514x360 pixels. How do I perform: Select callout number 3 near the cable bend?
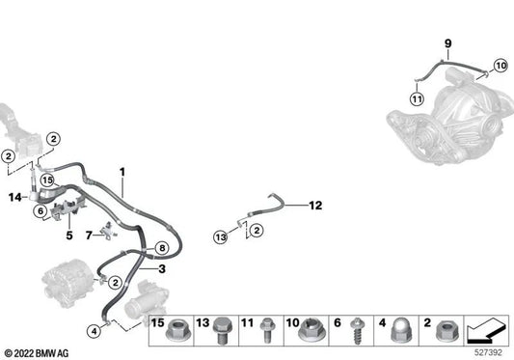click(x=162, y=269)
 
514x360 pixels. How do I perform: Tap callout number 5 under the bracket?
click(x=69, y=235)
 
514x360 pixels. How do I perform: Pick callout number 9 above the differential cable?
click(x=447, y=43)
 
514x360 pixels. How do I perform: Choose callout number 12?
click(x=314, y=205)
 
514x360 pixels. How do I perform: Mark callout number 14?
click(x=14, y=198)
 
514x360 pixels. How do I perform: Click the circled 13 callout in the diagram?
click(x=219, y=235)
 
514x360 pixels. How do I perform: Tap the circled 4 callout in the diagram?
click(x=94, y=331)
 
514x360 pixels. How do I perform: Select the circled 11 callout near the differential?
click(x=416, y=98)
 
